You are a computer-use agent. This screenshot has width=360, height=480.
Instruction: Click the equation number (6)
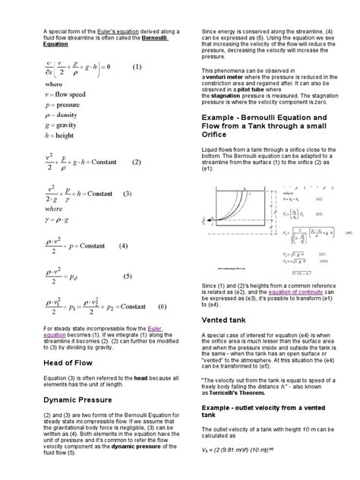tap(162, 306)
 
